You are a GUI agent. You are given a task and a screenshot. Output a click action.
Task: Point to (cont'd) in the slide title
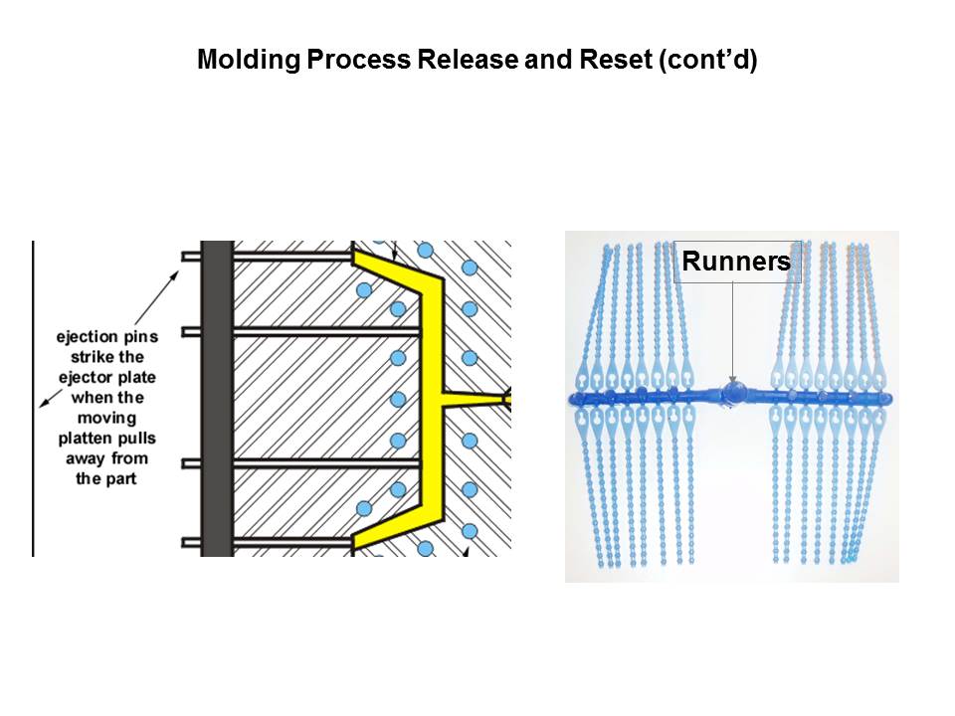(707, 60)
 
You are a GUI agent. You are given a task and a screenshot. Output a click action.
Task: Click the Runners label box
(737, 262)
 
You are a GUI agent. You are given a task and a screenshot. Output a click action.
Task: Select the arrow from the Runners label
(733, 328)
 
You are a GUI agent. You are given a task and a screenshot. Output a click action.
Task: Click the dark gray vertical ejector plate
(216, 398)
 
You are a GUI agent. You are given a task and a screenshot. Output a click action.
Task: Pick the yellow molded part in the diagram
(429, 398)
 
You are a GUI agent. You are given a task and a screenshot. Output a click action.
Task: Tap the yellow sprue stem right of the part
(477, 399)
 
